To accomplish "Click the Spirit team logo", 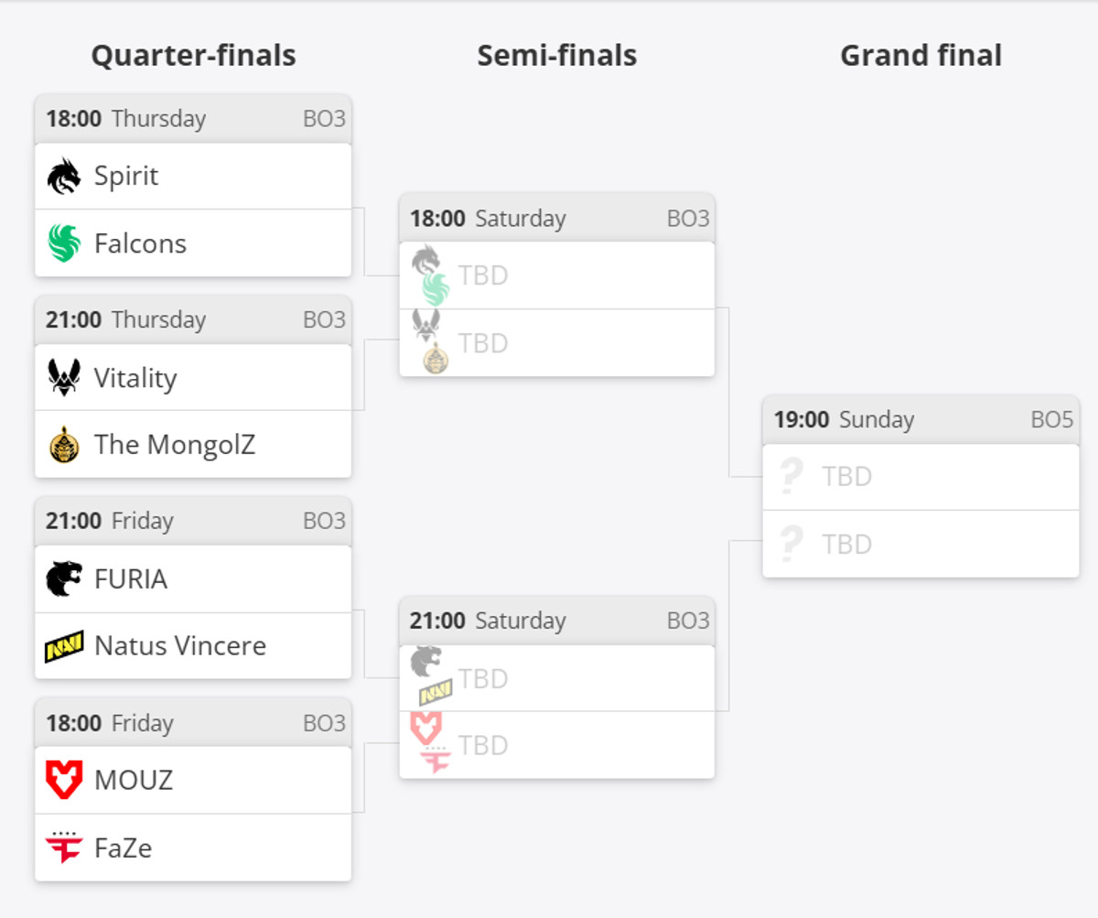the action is pyautogui.click(x=64, y=176).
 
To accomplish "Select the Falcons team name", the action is pyautogui.click(x=140, y=243).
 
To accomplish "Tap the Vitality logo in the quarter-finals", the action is pyautogui.click(x=64, y=377).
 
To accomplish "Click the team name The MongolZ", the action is pyautogui.click(x=175, y=445).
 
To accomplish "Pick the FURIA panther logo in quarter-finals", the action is pyautogui.click(x=64, y=578).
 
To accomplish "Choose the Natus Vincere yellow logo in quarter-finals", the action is pyautogui.click(x=64, y=646).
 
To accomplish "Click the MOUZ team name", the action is pyautogui.click(x=134, y=780).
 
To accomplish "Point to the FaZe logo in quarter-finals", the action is pyautogui.click(x=64, y=848).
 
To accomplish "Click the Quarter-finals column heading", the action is pyautogui.click(x=193, y=56).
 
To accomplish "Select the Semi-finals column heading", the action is pyautogui.click(x=556, y=56).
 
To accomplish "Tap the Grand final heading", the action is pyautogui.click(x=920, y=56).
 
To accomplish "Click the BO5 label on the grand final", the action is pyautogui.click(x=1051, y=420).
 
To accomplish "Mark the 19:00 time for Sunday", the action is pyautogui.click(x=802, y=420).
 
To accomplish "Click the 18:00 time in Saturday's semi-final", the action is pyautogui.click(x=437, y=219).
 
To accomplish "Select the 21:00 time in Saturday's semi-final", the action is pyautogui.click(x=437, y=621).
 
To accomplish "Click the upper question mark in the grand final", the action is pyautogui.click(x=791, y=477).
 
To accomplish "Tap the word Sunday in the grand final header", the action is pyautogui.click(x=877, y=420).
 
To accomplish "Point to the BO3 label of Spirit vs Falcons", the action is pyautogui.click(x=324, y=119).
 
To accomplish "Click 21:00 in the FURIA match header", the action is pyautogui.click(x=73, y=522).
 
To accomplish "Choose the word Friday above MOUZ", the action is pyautogui.click(x=142, y=723).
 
